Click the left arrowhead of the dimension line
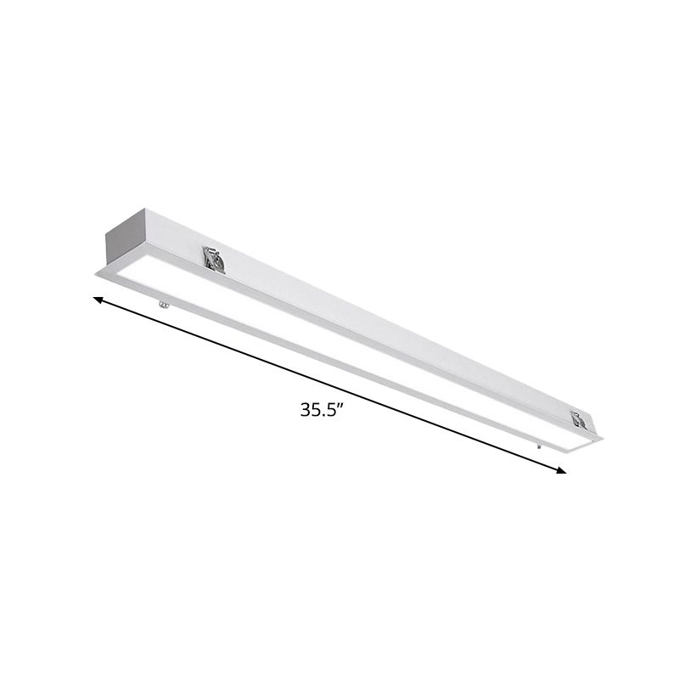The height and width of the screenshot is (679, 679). pyautogui.click(x=98, y=300)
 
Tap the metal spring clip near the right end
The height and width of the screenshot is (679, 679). pyautogui.click(x=580, y=419)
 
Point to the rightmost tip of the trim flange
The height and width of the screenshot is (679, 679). pyautogui.click(x=603, y=438)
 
